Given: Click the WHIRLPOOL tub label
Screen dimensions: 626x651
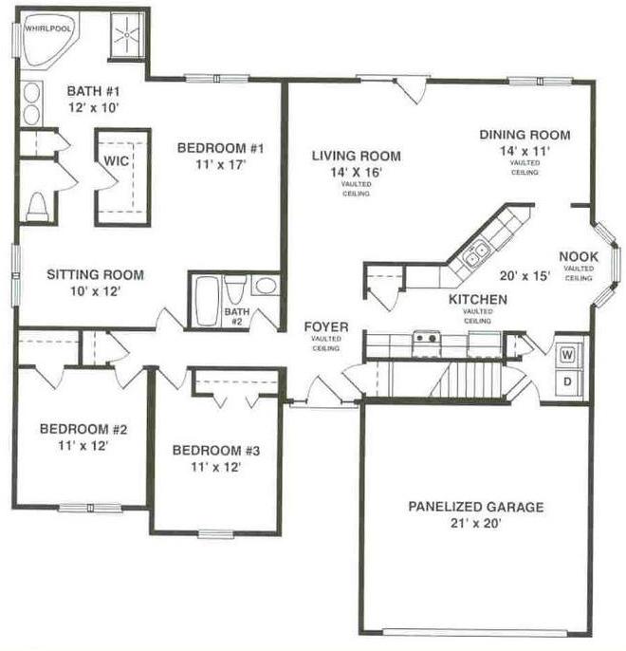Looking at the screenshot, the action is coord(48,28).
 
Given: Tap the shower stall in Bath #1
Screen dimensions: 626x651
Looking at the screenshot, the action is coord(127,35).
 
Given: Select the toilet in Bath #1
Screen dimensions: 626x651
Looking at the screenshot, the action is coord(37,206).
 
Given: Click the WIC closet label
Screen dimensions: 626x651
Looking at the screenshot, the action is coord(116,160).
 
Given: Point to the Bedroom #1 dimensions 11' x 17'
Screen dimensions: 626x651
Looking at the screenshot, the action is coord(221,164).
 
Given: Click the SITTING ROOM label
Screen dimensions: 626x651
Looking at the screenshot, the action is coord(96,274).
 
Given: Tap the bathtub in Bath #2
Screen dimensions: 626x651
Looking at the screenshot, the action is coord(207,301).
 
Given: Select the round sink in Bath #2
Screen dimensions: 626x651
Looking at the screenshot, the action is coord(266,286).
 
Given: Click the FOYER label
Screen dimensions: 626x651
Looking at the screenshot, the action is coord(326,326).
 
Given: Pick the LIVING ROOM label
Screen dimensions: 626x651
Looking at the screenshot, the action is coord(357,156).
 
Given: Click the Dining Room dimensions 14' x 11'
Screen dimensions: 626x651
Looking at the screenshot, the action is coord(525,151).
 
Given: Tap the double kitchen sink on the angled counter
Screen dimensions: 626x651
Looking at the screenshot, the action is coord(476,254).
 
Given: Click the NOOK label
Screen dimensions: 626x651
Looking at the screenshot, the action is coord(579,256).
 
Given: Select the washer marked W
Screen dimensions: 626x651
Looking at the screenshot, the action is coord(567,355).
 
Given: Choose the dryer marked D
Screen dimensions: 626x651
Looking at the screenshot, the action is coord(567,381).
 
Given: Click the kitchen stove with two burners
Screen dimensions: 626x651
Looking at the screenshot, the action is coord(426,343).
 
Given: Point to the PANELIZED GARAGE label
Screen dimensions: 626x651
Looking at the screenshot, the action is coord(476,507).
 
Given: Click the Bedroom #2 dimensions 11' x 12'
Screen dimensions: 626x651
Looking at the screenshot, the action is coord(83,445).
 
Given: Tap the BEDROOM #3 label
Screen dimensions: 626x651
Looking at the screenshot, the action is coord(216,451).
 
